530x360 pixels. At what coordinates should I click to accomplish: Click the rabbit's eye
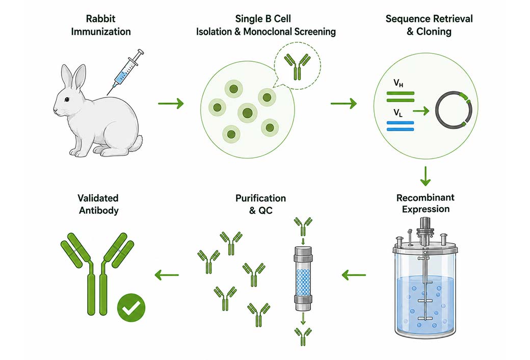[67, 99]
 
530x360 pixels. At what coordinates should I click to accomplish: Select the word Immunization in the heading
[101, 32]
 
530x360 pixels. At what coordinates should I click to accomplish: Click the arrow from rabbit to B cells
[171, 103]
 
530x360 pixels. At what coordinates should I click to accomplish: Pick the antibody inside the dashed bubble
[297, 66]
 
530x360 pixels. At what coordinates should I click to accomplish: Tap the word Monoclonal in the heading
[268, 32]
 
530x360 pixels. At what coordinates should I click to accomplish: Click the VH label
[398, 83]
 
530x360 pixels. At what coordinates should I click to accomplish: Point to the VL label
[398, 113]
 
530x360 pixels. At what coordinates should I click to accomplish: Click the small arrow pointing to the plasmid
[421, 110]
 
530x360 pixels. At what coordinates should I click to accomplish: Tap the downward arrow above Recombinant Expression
[425, 176]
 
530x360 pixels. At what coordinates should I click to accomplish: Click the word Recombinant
[425, 198]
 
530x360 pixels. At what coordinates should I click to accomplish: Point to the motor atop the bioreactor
[425, 228]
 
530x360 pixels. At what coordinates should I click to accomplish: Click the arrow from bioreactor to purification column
[354, 275]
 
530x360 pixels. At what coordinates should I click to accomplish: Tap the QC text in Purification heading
[266, 211]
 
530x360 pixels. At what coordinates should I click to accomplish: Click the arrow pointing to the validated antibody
[167, 275]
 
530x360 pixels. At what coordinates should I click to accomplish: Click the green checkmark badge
[131, 307]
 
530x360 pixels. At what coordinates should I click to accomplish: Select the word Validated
[98, 198]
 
